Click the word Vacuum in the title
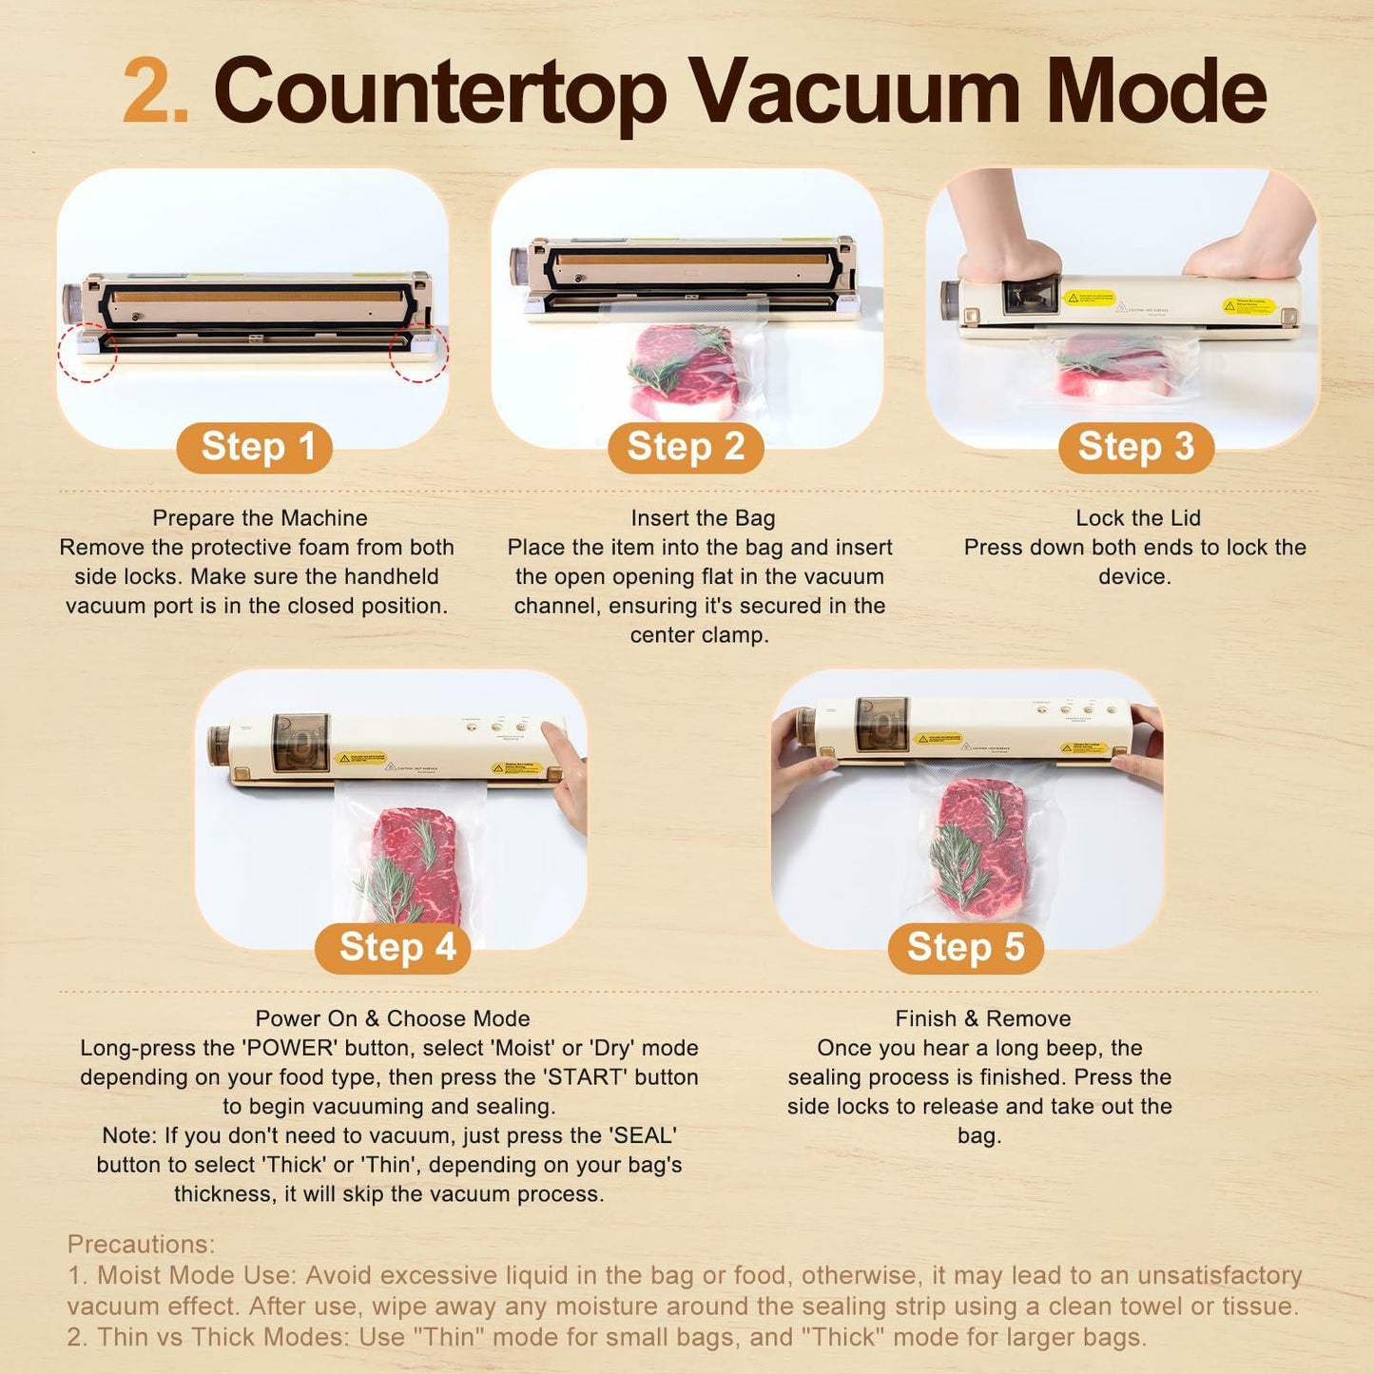coord(854,92)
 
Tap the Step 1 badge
coord(255,447)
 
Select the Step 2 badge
coord(686,447)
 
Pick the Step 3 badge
coord(1136,447)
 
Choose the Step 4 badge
coord(394,947)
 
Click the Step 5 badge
coord(965,947)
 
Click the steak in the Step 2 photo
coord(683,371)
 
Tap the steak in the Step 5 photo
coord(979,846)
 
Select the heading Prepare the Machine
coord(260,518)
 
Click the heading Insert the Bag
coord(703,518)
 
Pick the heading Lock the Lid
coord(1138,518)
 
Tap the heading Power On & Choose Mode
coord(393,1018)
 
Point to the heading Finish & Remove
coord(982,1018)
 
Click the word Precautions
coord(141,1245)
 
